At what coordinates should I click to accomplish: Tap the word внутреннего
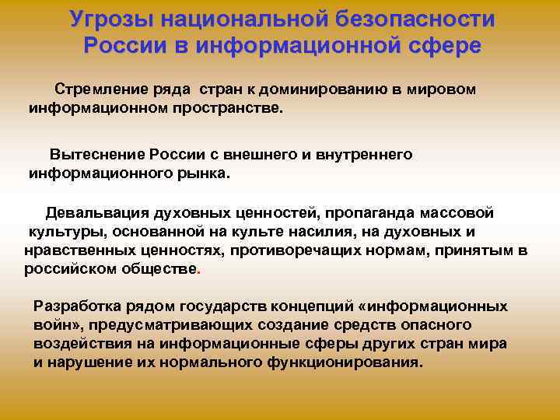(x=367, y=155)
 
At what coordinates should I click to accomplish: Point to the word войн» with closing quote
(x=54, y=325)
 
